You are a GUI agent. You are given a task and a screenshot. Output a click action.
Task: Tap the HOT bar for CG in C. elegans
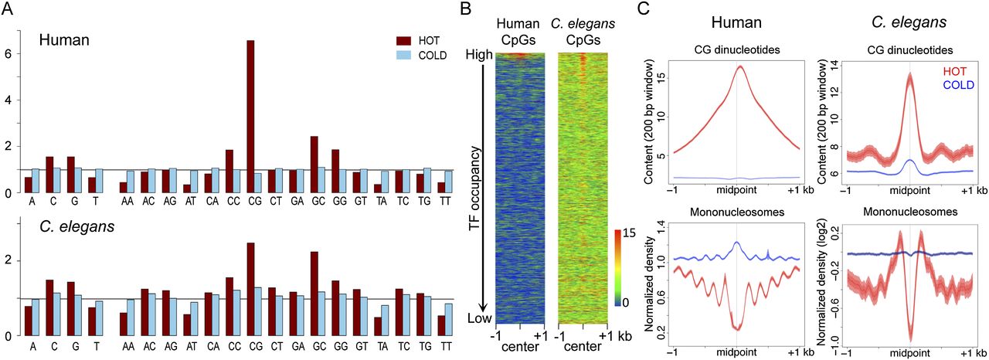coord(250,289)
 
